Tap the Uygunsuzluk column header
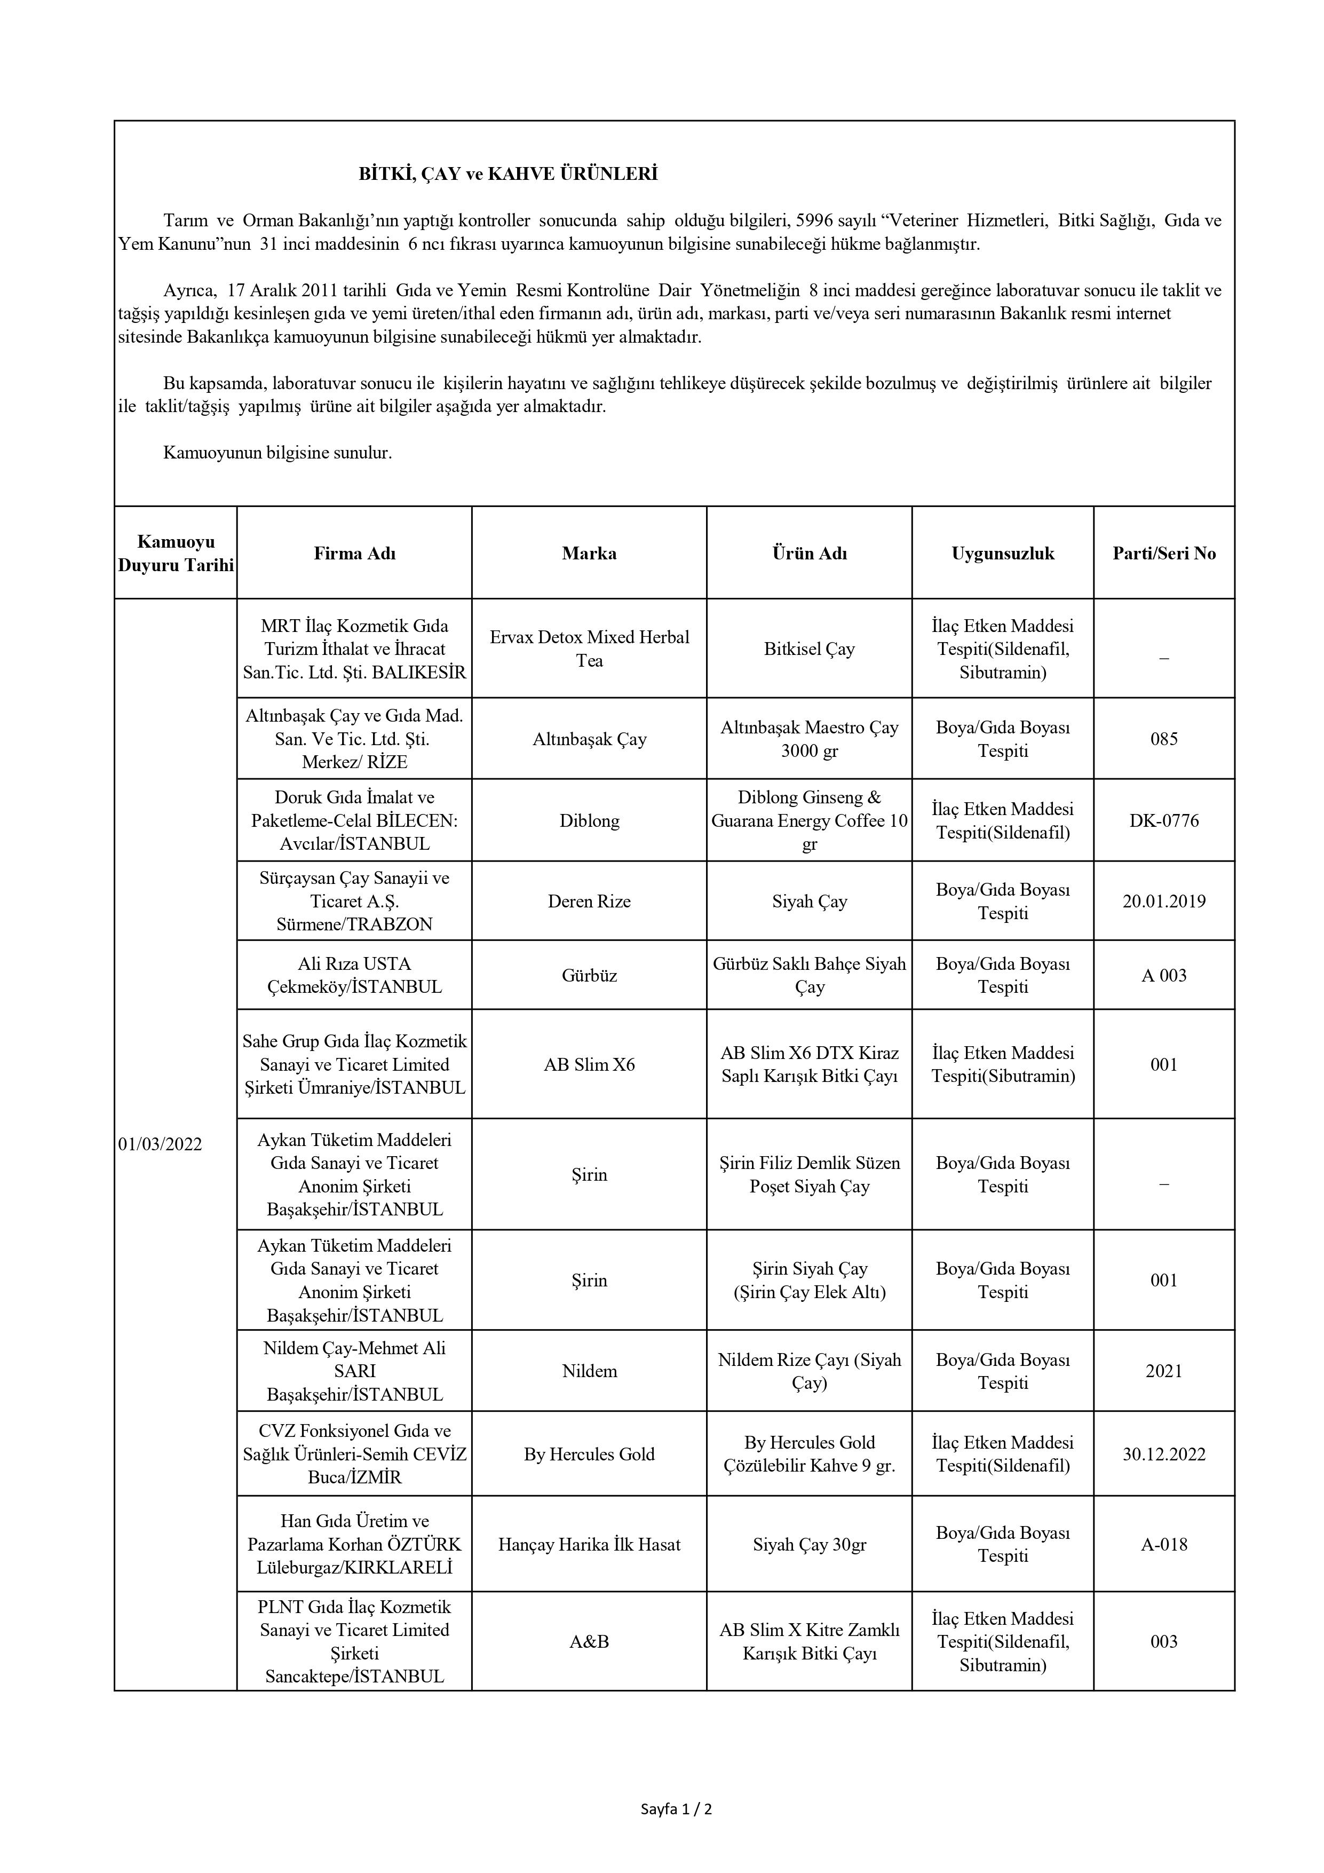tap(1003, 553)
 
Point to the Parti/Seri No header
tap(1163, 553)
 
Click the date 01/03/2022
tap(160, 1144)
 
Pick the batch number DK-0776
tap(1163, 820)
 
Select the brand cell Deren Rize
tap(589, 902)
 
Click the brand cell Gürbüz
tap(589, 976)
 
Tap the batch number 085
tap(1163, 739)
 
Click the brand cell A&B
tap(589, 1641)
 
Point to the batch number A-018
tap(1163, 1544)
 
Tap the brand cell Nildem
tap(589, 1371)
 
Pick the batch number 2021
tap(1163, 1371)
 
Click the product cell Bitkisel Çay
tap(809, 650)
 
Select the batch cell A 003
tap(1163, 976)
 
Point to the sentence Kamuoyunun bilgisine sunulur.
tap(278, 453)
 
